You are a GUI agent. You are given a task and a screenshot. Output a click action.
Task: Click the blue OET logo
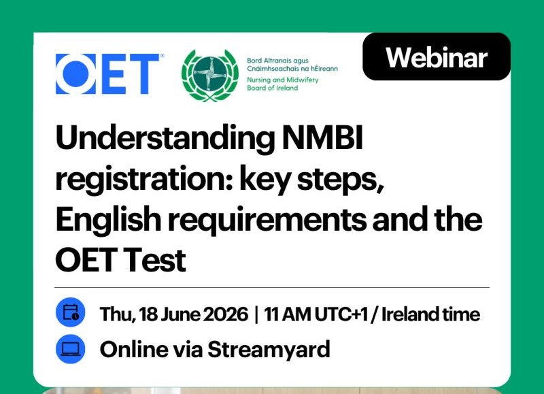(107, 73)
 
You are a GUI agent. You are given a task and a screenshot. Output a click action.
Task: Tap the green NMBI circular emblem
(210, 76)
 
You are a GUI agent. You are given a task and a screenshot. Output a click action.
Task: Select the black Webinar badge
(437, 56)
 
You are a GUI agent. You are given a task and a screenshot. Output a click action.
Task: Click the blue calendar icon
(71, 312)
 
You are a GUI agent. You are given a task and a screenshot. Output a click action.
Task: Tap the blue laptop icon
(71, 349)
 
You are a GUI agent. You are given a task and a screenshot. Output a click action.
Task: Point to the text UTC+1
(341, 314)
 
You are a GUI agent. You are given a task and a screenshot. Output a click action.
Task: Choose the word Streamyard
(269, 350)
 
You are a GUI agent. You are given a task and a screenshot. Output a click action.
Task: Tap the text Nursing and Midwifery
(282, 80)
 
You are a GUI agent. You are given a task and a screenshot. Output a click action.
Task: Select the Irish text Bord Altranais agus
(277, 61)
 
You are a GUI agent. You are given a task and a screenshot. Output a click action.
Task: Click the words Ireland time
(430, 314)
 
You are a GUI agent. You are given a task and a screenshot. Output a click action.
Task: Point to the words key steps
(312, 180)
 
